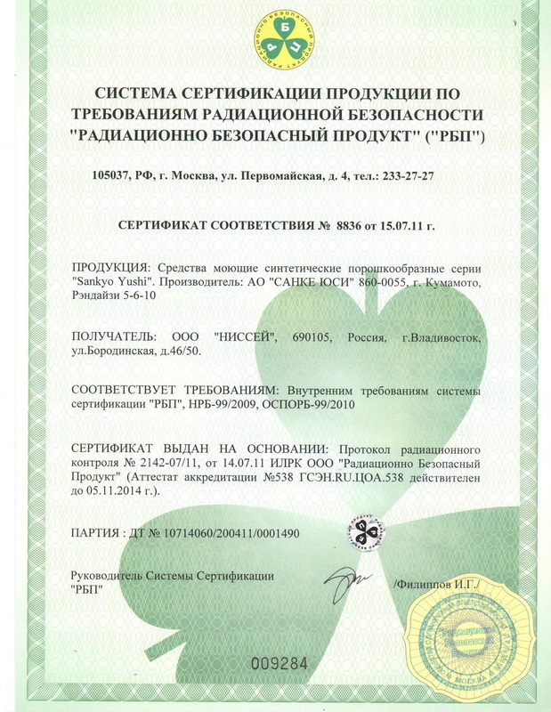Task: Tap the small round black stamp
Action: click(x=364, y=533)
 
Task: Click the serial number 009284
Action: click(x=280, y=663)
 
